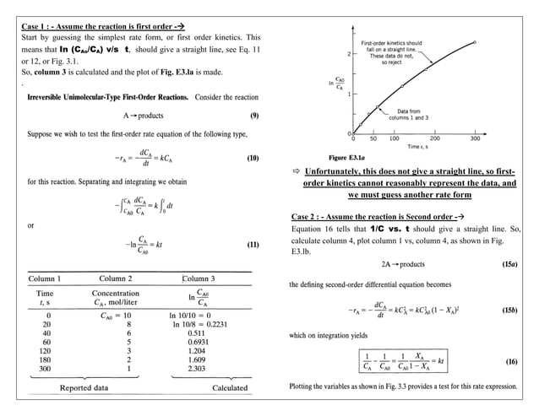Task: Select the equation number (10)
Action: tap(252, 158)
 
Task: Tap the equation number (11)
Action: tap(252, 245)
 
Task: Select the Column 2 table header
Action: tap(122, 278)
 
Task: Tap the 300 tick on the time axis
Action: tap(475, 139)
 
